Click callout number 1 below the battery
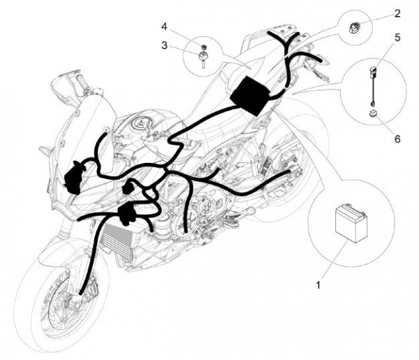(318, 285)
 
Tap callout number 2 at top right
(397, 13)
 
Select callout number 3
(164, 45)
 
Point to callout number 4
(164, 27)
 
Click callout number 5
(397, 38)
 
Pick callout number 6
(397, 139)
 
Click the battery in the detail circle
(351, 223)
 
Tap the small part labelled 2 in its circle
(355, 27)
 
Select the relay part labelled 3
(203, 59)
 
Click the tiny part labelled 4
(205, 47)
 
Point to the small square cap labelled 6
(374, 113)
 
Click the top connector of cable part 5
(373, 72)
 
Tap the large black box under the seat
(251, 96)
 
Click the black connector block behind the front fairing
(74, 178)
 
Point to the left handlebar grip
(82, 82)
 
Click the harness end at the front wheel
(80, 293)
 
